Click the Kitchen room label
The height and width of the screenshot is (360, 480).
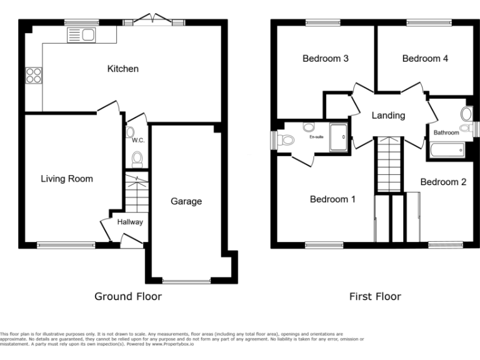click(123, 69)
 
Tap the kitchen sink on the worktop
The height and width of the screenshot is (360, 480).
click(81, 35)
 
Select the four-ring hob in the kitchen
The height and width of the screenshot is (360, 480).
click(33, 76)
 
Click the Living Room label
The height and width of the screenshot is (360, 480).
click(67, 179)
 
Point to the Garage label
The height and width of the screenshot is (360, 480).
click(186, 201)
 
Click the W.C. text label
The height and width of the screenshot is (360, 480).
click(138, 141)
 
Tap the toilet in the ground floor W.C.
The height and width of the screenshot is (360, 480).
click(137, 160)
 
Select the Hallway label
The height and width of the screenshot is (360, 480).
click(129, 222)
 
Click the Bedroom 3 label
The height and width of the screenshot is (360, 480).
click(325, 59)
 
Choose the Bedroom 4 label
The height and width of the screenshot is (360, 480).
click(425, 59)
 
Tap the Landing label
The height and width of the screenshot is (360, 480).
click(388, 115)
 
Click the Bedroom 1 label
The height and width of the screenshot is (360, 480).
click(332, 199)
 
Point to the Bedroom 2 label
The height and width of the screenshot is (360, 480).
click(443, 182)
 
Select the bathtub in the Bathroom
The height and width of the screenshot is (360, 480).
click(447, 149)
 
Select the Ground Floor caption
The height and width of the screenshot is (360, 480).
click(128, 296)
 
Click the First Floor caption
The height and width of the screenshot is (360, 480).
click(375, 296)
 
